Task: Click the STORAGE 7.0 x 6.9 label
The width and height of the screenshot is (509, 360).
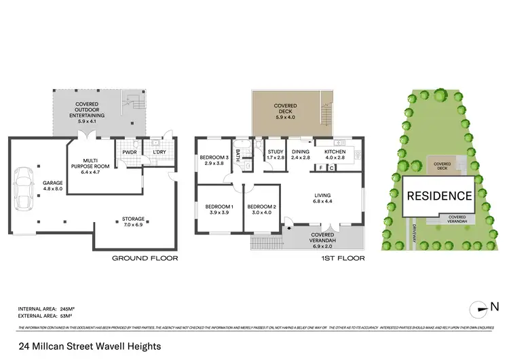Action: tap(134, 221)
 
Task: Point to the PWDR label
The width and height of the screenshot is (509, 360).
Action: tap(129, 152)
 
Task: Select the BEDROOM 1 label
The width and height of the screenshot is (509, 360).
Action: tap(219, 210)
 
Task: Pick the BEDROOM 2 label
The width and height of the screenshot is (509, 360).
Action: tap(261, 210)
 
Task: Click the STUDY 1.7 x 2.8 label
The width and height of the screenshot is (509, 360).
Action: tap(275, 155)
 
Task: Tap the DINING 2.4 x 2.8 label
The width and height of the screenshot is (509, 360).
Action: tap(300, 155)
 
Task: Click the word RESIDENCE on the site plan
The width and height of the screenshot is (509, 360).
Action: tap(439, 196)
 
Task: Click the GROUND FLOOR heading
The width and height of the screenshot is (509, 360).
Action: tap(145, 258)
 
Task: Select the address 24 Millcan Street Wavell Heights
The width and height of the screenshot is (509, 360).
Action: tap(90, 346)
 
